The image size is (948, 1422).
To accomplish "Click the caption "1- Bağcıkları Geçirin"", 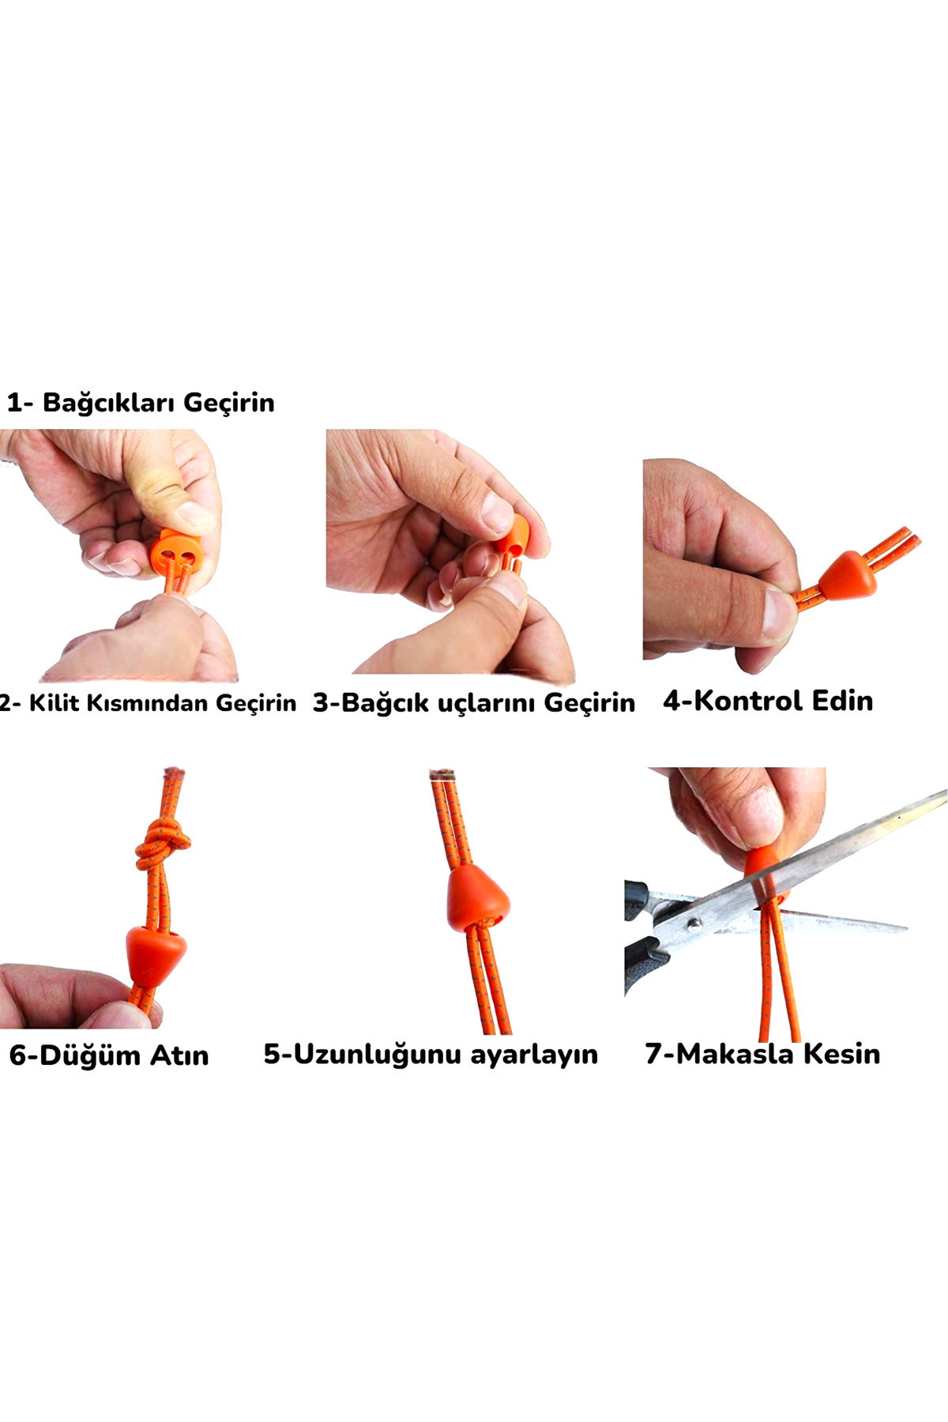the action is click(x=141, y=402).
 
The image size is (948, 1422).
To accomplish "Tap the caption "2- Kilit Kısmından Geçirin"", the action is click(x=148, y=703).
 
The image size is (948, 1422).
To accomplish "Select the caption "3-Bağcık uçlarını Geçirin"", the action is click(x=474, y=702).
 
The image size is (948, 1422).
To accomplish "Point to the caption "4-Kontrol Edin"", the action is click(x=768, y=701).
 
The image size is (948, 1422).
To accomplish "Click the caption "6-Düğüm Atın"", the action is click(x=109, y=1055).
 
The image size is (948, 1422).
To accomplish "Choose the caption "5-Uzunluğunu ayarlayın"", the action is click(x=431, y=1055).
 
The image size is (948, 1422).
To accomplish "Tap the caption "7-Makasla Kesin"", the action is click(x=762, y=1054).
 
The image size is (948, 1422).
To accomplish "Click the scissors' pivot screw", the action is click(x=694, y=923).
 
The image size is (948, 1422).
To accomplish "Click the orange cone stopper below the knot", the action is click(x=156, y=955).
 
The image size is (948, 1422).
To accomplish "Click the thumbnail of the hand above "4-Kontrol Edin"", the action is click(x=781, y=612).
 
